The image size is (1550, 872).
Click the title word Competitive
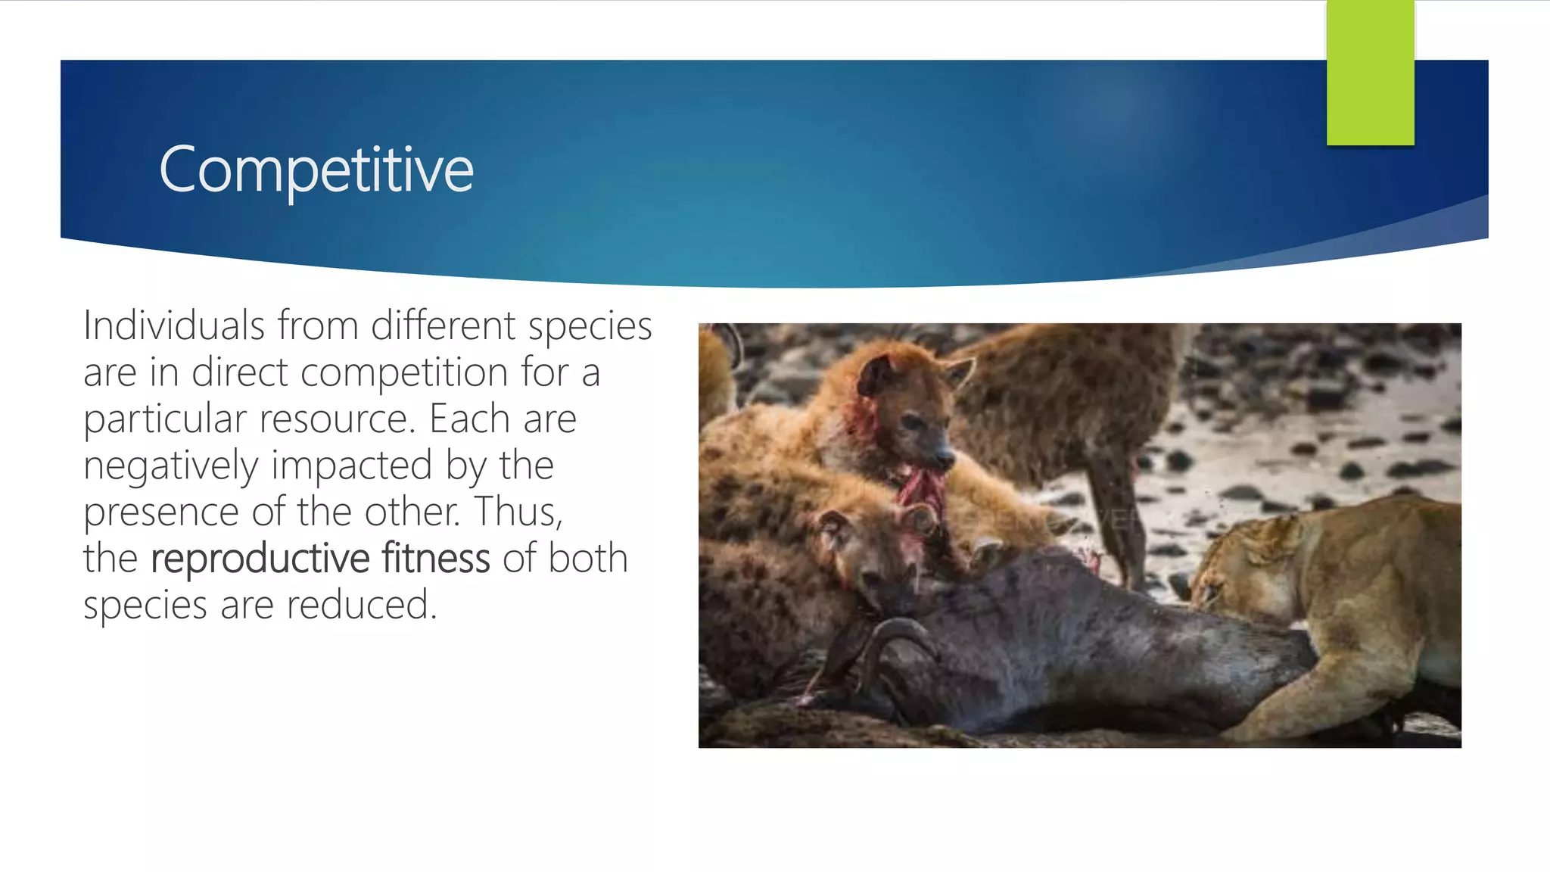[x=316, y=170]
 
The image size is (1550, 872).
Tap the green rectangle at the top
[x=1370, y=72]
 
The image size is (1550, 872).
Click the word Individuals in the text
[x=174, y=326]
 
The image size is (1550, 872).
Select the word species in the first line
[x=590, y=326]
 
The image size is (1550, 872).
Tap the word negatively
[x=171, y=466]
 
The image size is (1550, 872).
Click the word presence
[x=161, y=512]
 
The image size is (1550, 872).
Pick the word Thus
[x=518, y=512]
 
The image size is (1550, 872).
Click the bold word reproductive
[x=260, y=559]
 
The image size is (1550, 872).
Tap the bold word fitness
[x=436, y=559]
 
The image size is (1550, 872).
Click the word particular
[x=165, y=419]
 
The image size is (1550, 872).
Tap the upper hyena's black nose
[x=945, y=457]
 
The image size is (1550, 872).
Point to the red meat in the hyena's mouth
[x=922, y=492]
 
